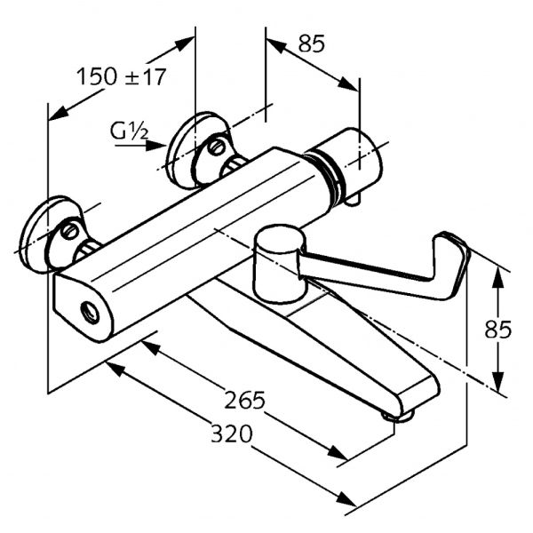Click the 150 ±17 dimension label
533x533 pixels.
pos(121,76)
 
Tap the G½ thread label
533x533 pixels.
pos(129,130)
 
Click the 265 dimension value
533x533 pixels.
pos(244,401)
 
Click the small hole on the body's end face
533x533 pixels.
pos(90,312)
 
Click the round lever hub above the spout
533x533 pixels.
pos(281,262)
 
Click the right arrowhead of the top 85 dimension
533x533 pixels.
pos(353,84)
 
